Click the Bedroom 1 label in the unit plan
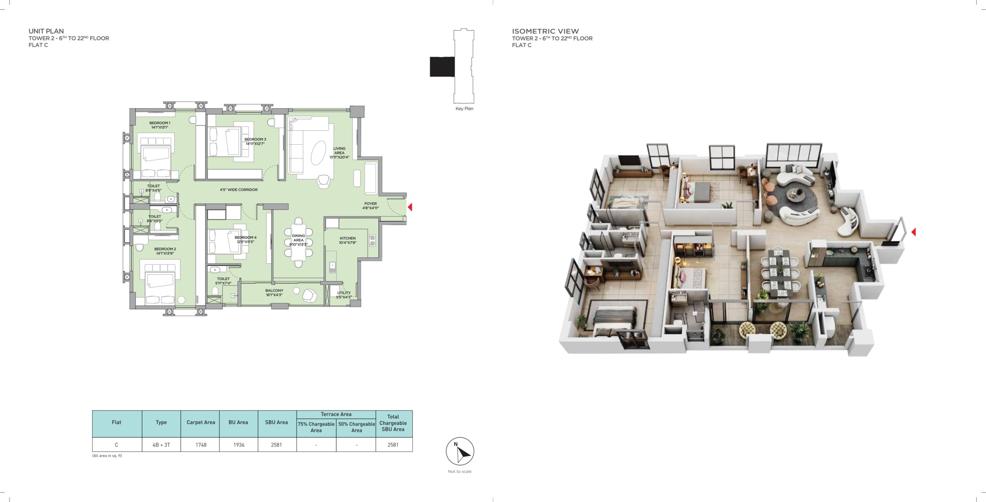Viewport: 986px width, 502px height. click(x=160, y=125)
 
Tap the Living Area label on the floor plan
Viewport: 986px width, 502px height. click(x=339, y=153)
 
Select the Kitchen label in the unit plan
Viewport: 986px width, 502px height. click(x=348, y=240)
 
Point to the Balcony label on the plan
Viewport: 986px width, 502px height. click(x=274, y=293)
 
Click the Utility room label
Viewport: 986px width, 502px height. click(x=344, y=295)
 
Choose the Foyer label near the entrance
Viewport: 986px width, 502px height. click(x=371, y=206)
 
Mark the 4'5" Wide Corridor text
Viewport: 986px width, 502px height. click(x=239, y=190)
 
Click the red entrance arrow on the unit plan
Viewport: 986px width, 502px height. click(x=410, y=207)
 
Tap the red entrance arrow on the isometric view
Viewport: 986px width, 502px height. click(x=913, y=232)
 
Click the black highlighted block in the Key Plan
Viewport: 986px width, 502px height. click(x=442, y=67)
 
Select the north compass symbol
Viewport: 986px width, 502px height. click(x=460, y=451)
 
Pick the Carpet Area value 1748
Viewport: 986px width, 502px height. click(x=201, y=445)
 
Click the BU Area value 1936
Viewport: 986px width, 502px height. click(x=239, y=445)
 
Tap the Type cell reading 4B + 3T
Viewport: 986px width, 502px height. click(x=161, y=445)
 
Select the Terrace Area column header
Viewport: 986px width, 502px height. click(x=336, y=414)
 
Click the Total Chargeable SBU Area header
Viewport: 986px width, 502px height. click(x=393, y=423)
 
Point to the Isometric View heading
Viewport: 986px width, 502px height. click(x=545, y=31)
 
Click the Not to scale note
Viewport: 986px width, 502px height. click(x=459, y=471)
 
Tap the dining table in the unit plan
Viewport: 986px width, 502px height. click(x=298, y=242)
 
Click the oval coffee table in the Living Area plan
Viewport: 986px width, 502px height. click(x=319, y=153)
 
